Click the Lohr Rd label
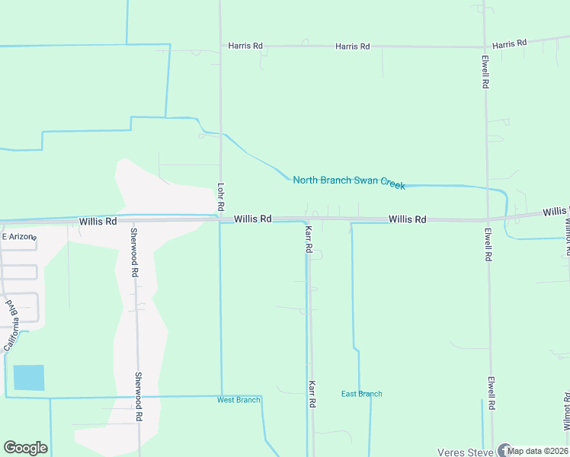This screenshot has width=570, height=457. (x=220, y=197)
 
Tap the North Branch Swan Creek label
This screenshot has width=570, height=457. (x=349, y=181)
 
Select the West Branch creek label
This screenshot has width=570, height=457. (x=239, y=400)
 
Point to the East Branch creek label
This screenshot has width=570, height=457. (x=361, y=394)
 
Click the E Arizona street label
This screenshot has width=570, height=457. (x=19, y=237)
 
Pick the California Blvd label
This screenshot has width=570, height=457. (x=11, y=325)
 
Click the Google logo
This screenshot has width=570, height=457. (x=25, y=448)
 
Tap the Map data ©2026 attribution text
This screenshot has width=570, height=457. (x=538, y=451)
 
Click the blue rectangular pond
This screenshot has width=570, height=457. (x=29, y=378)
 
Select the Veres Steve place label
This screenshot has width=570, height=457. (x=466, y=452)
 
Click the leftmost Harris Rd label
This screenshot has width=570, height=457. (x=245, y=46)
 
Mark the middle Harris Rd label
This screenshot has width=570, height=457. (x=353, y=46)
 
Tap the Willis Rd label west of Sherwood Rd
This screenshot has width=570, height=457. (x=98, y=222)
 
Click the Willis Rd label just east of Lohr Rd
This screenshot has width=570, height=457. (x=253, y=219)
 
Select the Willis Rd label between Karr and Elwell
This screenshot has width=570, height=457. (x=407, y=219)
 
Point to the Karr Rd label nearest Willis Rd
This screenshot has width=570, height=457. (x=309, y=238)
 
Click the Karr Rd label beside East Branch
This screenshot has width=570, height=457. (x=312, y=395)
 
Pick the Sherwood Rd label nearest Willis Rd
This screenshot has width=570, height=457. (x=134, y=252)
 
